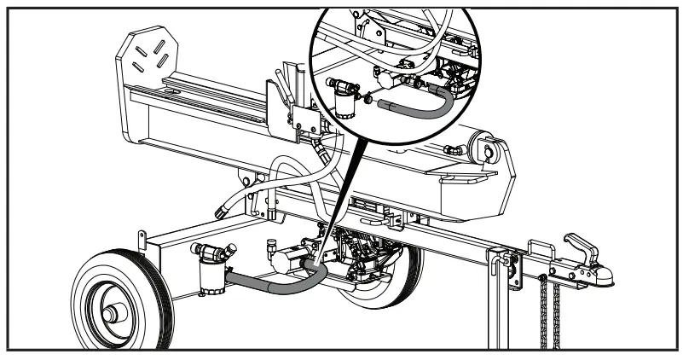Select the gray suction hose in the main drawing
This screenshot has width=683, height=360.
tap(264, 284)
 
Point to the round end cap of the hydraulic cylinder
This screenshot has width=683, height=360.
tap(492, 153)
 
